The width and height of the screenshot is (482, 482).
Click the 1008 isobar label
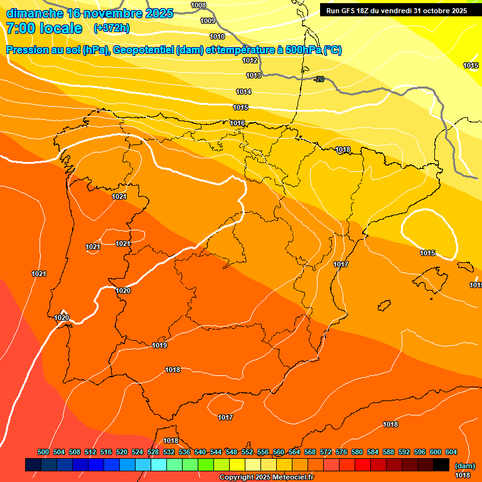198,6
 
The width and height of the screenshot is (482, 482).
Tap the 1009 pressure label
208,21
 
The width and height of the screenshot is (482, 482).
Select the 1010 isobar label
217,36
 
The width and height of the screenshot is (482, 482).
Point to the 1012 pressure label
250,60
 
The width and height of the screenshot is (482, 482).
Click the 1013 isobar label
254,75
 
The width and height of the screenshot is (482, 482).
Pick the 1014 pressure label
244,92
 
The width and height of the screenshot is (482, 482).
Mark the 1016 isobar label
237,123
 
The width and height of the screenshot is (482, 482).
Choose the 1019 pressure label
159,345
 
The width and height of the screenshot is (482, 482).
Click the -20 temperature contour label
319,78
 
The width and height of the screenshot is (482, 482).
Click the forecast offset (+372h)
111,28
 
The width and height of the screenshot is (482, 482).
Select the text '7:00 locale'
44,28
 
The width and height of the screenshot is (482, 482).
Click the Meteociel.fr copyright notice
266,478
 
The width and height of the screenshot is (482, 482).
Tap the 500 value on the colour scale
43,452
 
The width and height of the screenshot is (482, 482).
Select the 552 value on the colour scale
247,452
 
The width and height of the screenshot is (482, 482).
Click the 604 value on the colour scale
451,452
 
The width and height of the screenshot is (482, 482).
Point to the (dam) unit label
464,466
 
